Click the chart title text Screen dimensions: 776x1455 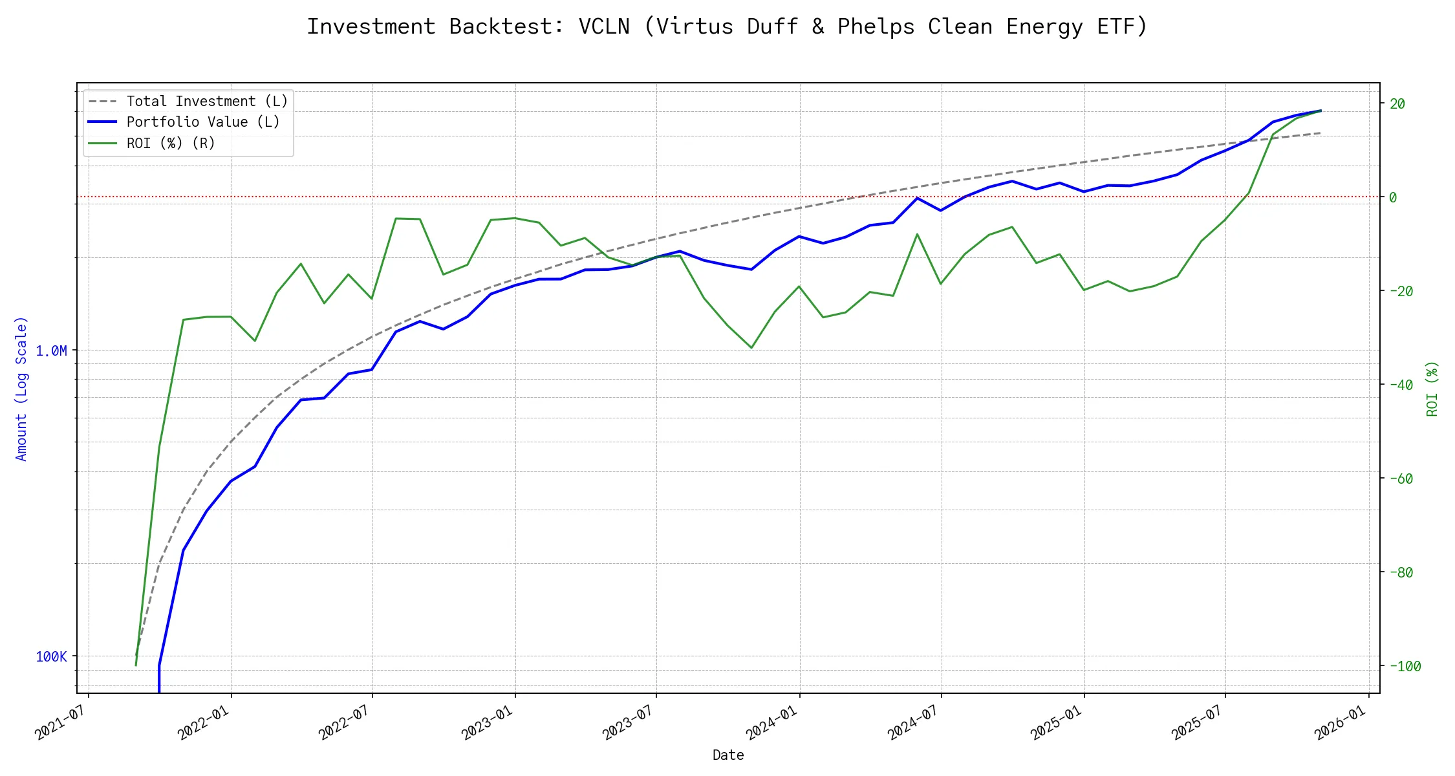click(x=727, y=27)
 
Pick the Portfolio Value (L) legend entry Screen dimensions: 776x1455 click(x=203, y=122)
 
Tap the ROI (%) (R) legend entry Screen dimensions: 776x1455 click(x=171, y=143)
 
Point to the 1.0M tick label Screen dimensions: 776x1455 click(x=51, y=350)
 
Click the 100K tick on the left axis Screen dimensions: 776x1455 click(x=51, y=657)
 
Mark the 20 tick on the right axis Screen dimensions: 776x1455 click(x=1397, y=103)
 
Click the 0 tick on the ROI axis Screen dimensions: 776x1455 click(x=1393, y=197)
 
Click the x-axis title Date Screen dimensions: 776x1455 click(x=728, y=755)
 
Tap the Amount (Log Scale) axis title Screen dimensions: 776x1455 click(x=21, y=388)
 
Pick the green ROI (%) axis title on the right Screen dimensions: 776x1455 click(x=1432, y=388)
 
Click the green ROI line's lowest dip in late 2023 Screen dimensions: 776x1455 click(x=751, y=348)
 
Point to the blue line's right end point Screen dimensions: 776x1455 click(x=1320, y=111)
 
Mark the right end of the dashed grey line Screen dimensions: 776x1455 click(x=1320, y=133)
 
